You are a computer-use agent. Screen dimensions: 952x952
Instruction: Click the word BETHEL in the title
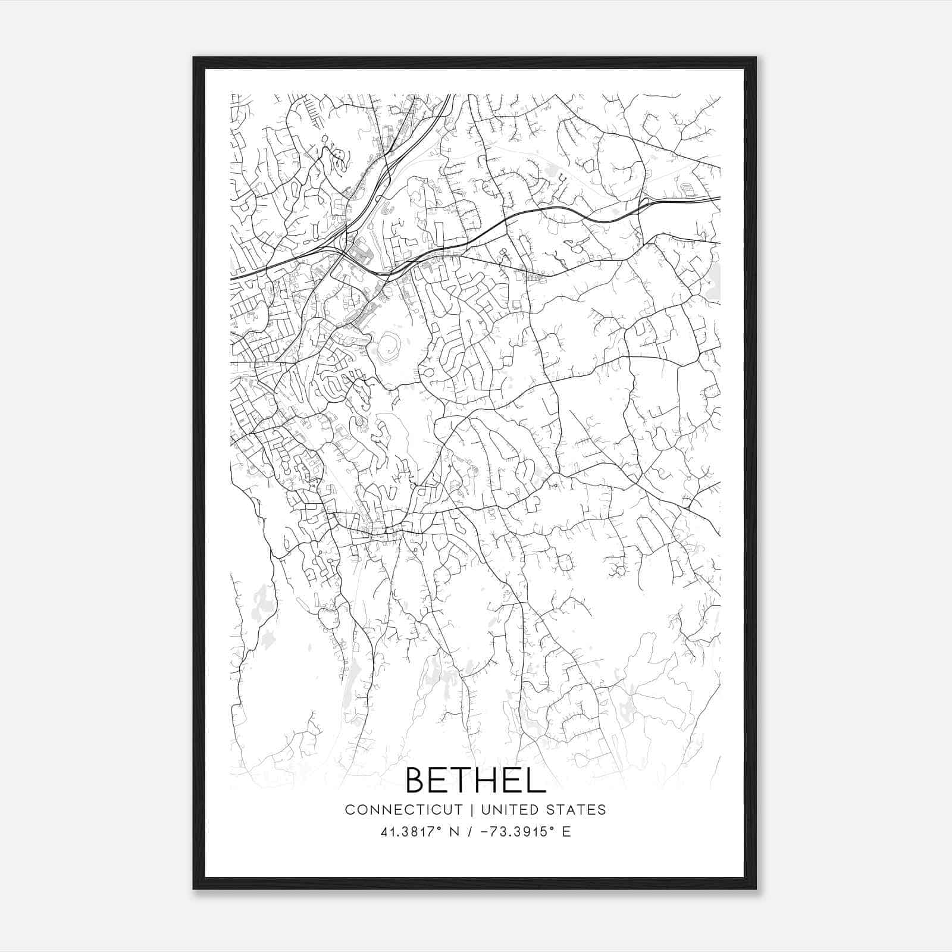[475, 780]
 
